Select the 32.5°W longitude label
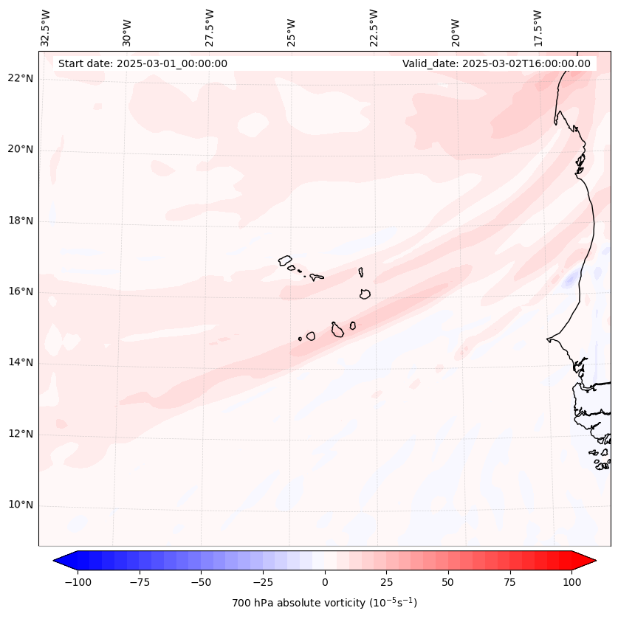pyautogui.click(x=46, y=28)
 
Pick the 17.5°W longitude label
pyautogui.click(x=538, y=28)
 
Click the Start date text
pyautogui.click(x=143, y=63)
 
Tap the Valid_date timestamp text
pyautogui.click(x=496, y=63)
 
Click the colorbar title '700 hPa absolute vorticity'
pyautogui.click(x=325, y=604)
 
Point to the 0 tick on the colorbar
pyautogui.click(x=325, y=582)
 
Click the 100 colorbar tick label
pyautogui.click(x=572, y=582)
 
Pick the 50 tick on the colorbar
pyautogui.click(x=448, y=582)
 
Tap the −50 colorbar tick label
pyautogui.click(x=201, y=582)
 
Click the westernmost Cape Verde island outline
pyautogui.click(x=285, y=260)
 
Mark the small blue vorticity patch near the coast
pyautogui.click(x=569, y=280)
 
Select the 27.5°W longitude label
pyautogui.click(x=210, y=28)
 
